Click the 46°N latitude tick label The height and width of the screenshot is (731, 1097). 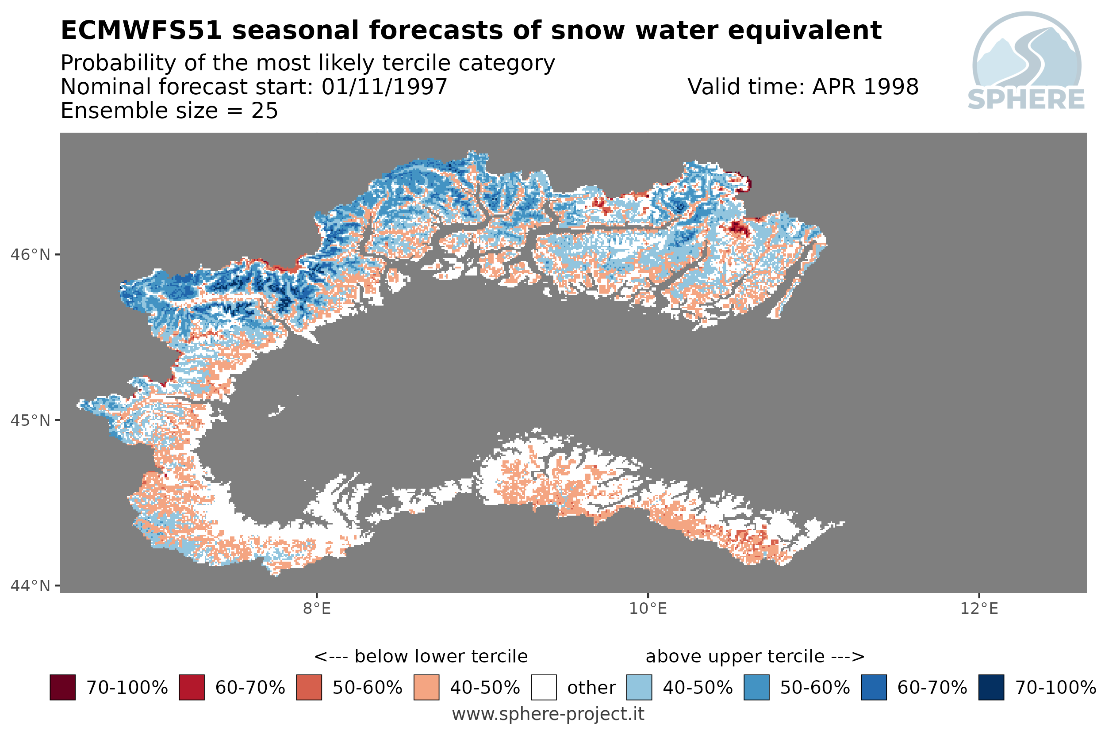click(30, 255)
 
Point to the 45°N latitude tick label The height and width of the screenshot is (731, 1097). click(30, 421)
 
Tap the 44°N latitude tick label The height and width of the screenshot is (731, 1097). click(30, 586)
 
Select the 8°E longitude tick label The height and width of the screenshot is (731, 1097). click(317, 609)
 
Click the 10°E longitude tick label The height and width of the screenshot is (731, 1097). click(648, 609)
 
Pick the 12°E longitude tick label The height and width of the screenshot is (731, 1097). click(979, 609)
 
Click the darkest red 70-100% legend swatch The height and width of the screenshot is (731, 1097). click(62, 688)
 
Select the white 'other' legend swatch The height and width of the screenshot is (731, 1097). click(544, 688)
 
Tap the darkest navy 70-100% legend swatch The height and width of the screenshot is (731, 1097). click(991, 688)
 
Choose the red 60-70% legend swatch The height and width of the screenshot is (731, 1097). click(192, 688)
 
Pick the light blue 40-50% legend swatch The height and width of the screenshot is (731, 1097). click(639, 688)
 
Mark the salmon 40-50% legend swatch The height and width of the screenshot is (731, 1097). click(426, 688)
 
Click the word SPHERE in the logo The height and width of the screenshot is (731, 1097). click(1026, 100)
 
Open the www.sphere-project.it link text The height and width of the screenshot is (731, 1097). click(548, 714)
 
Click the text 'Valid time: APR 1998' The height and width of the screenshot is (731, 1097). click(803, 87)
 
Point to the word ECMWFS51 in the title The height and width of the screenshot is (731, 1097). click(141, 31)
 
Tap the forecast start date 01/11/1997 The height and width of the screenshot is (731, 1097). click(384, 87)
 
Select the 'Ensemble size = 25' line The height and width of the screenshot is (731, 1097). click(169, 111)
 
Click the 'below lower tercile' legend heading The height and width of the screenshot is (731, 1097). click(421, 656)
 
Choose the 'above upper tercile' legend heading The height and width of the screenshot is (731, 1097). click(755, 656)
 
